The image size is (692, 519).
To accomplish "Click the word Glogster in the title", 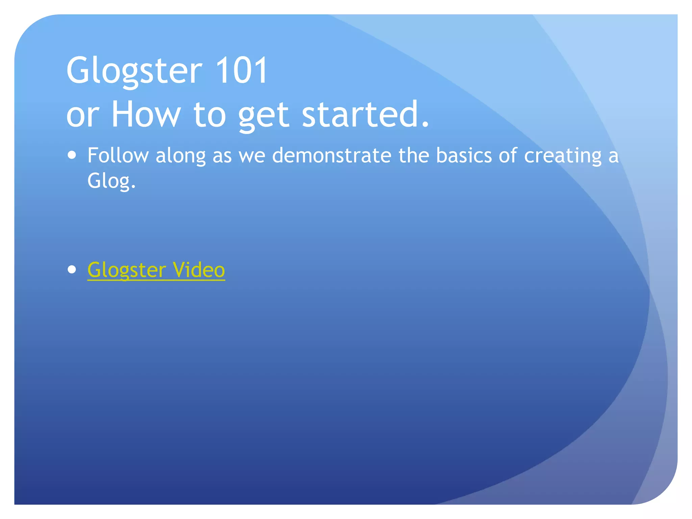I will (134, 71).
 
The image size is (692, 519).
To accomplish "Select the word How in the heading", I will (146, 115).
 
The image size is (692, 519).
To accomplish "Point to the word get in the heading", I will (264, 117).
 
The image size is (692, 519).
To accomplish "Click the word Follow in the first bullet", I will (118, 156).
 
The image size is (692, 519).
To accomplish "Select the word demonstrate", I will (331, 156).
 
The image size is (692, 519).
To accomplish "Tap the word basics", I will (464, 156).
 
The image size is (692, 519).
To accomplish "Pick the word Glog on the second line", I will (109, 181).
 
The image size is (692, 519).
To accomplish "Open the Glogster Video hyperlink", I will (156, 270).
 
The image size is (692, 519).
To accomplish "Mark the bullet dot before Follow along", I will (72, 155).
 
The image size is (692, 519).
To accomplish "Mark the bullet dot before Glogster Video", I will (72, 269).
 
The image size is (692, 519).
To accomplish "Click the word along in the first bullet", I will (180, 156).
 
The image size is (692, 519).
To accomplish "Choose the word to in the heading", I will (209, 115).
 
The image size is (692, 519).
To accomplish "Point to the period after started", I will (425, 125).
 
